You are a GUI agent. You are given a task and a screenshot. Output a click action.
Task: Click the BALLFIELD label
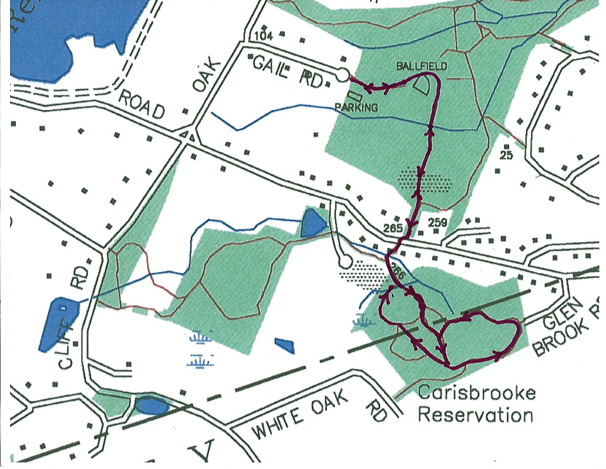(x=420, y=66)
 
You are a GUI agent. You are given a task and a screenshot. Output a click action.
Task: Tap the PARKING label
(x=356, y=107)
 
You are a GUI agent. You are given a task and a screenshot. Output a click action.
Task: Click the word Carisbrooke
(x=476, y=394)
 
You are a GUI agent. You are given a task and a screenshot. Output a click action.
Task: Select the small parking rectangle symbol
(x=355, y=95)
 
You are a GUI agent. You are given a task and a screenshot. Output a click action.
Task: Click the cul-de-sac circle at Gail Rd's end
(x=342, y=74)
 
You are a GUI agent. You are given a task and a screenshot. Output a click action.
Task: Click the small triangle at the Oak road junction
(x=189, y=136)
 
